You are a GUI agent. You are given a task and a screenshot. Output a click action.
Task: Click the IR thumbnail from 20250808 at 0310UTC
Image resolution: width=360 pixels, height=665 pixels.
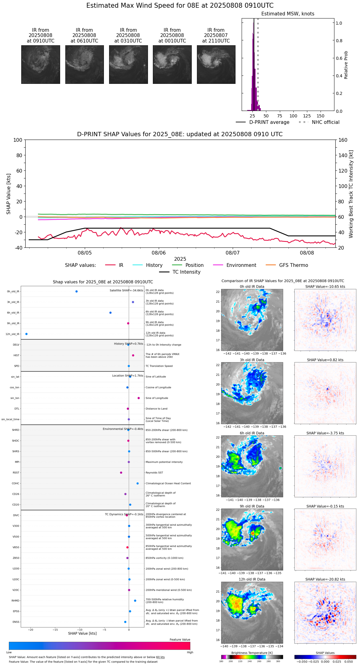pos(128,64)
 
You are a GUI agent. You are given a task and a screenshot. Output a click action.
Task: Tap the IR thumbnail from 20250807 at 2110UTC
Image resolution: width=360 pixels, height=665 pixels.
pos(216,64)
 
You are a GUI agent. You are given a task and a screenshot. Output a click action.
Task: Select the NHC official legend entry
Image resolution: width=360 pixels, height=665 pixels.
pos(325,122)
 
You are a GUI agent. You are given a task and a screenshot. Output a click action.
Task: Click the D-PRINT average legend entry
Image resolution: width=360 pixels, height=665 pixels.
pos(269,122)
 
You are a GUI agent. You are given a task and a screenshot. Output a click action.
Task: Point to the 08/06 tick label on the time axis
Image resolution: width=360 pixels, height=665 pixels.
pos(159,253)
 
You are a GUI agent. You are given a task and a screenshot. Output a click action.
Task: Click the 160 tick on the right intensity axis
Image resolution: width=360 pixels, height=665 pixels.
pos(343,140)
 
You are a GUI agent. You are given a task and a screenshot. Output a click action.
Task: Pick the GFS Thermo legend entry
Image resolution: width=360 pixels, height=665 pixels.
pos(293,265)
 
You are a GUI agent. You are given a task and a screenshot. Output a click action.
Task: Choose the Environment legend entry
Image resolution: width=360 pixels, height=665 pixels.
pos(241,265)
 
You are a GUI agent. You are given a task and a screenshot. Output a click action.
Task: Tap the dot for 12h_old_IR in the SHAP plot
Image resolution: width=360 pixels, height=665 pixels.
pos(27,334)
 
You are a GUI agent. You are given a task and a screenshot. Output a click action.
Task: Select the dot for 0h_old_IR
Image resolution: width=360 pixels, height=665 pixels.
pos(76,292)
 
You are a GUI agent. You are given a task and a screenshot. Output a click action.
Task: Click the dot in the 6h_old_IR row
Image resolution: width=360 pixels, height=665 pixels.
pos(110,313)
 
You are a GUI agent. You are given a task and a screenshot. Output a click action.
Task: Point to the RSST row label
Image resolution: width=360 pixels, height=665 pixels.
pos(16,473)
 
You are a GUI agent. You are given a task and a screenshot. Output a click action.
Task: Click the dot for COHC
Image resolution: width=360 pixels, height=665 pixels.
pos(137,483)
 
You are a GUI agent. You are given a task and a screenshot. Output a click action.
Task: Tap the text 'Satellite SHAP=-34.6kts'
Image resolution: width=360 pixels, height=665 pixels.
pos(126,291)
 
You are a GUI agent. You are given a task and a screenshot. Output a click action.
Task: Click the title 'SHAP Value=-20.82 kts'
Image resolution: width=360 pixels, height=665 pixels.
pos(325,580)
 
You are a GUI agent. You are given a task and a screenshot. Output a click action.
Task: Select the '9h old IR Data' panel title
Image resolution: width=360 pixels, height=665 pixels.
pos(252,506)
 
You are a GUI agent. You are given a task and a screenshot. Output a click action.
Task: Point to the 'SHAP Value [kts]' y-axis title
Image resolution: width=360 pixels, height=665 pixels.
pos(9,194)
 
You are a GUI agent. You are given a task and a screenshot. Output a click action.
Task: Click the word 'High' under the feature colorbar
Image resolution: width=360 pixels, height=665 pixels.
pos(190,652)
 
